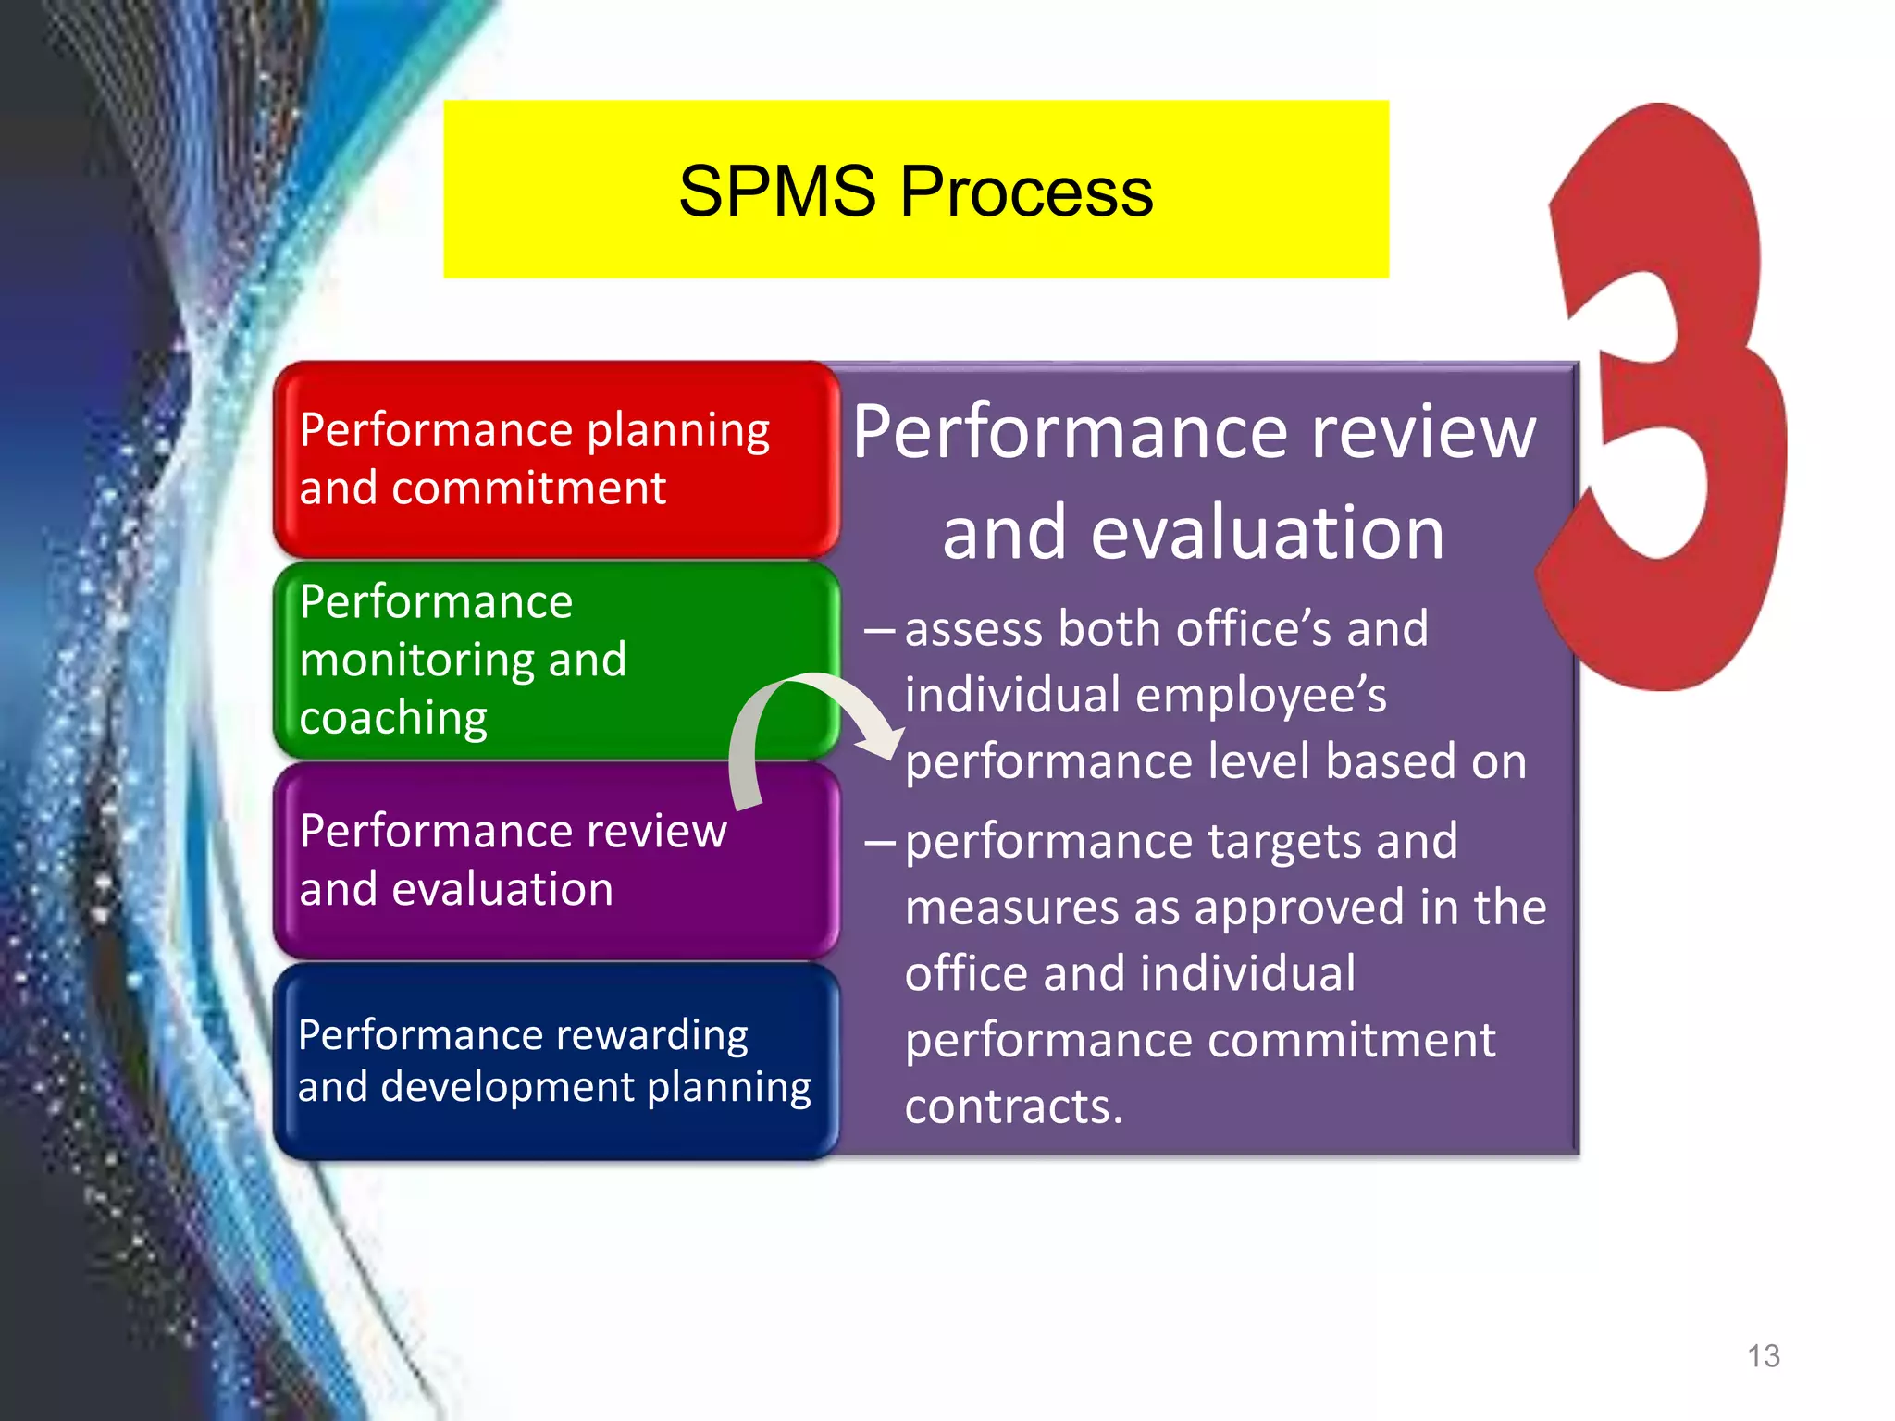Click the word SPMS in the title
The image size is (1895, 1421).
tap(776, 192)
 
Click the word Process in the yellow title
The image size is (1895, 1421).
tap(1026, 192)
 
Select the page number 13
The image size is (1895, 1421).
tap(1763, 1356)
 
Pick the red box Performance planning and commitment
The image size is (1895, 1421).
tap(555, 460)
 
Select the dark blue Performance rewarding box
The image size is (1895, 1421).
tap(555, 1061)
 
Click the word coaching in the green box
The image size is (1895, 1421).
tap(393, 719)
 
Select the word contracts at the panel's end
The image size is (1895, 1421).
tap(1013, 1106)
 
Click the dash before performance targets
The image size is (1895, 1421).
tap(879, 842)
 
